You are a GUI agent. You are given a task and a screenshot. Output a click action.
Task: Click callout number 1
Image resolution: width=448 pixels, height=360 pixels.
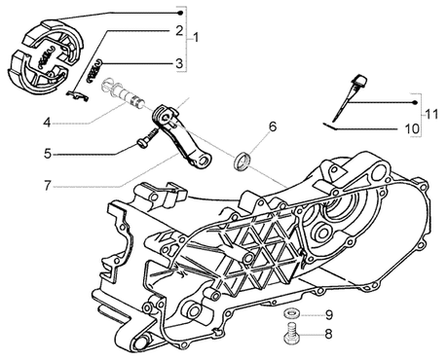pos(196,38)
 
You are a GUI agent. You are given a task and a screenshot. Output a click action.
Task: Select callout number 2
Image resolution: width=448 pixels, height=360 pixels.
pos(179,31)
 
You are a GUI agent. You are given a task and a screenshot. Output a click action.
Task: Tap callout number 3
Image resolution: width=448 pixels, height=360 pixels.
pos(179,63)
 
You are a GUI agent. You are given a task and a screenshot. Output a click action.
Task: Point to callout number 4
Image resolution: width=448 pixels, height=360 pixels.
pos(48,123)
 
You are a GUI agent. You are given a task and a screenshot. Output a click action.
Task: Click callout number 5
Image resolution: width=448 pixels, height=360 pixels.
pos(48,154)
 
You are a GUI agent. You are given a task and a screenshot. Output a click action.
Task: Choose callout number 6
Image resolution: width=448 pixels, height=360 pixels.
pos(273,126)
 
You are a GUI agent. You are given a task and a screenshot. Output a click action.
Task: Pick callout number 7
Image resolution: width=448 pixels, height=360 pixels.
pos(48,186)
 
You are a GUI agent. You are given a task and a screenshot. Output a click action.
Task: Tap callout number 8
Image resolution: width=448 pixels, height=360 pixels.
pos(328,334)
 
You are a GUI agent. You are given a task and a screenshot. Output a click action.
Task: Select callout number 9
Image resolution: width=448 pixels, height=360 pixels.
pos(329,315)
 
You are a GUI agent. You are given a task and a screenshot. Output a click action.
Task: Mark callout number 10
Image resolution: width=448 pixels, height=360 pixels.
pos(412,129)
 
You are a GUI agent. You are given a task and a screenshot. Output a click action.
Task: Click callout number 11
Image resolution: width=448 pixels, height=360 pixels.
pos(431,114)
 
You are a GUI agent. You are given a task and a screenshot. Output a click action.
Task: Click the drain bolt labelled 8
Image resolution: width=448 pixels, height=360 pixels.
pos(291,335)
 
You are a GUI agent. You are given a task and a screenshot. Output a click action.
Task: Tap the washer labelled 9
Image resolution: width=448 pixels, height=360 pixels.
pos(291,314)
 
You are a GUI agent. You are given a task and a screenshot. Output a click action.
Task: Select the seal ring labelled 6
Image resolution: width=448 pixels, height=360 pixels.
pos(242,161)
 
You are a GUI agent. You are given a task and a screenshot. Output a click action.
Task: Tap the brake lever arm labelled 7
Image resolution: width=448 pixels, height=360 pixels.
pos(180,136)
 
